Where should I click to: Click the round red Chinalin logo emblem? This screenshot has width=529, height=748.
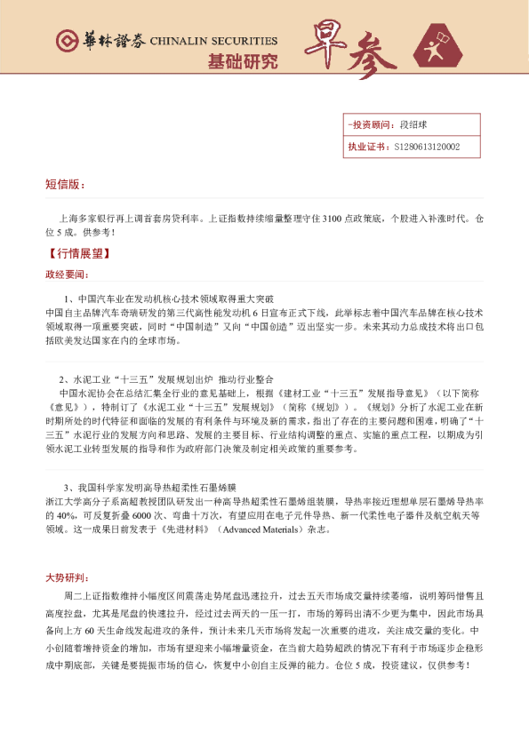pyautogui.click(x=67, y=41)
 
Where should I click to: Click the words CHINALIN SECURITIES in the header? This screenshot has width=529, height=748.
pyautogui.click(x=212, y=41)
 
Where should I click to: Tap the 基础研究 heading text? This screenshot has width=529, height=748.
pyautogui.click(x=241, y=62)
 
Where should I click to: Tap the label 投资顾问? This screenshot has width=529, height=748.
pyautogui.click(x=368, y=125)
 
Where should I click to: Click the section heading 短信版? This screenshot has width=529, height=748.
pyautogui.click(x=65, y=185)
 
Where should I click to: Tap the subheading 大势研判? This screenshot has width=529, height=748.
pyautogui.click(x=67, y=577)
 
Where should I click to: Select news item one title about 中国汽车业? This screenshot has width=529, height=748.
pyautogui.click(x=169, y=298)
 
